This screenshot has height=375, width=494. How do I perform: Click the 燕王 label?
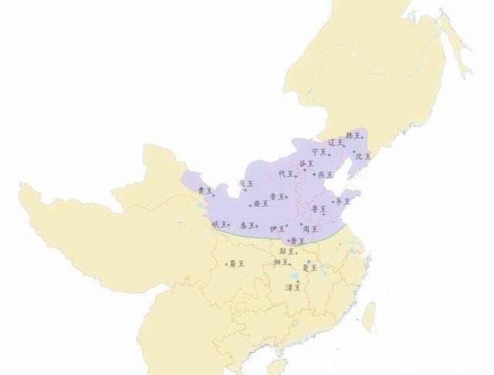click(x=326, y=175)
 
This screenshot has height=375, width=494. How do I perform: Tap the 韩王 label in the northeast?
click(x=352, y=136)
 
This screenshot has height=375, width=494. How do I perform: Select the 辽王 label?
click(x=335, y=143)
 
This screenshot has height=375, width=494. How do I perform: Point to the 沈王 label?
click(x=362, y=156)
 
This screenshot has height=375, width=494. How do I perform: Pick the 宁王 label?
click(x=318, y=152)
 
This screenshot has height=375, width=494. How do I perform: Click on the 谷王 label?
click(x=306, y=164)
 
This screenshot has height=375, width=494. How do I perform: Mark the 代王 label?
click(x=286, y=174)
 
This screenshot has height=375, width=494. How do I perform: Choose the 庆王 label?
click(x=245, y=184)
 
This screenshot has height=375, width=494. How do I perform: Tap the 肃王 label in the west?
click(x=204, y=191)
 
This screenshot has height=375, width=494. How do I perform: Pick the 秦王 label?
click(x=247, y=225)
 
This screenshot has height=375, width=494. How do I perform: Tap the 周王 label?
click(x=310, y=229)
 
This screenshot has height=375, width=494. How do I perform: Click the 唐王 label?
click(x=297, y=241)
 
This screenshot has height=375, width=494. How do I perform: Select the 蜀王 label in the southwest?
click(x=236, y=264)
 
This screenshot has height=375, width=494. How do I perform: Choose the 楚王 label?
click(x=310, y=268)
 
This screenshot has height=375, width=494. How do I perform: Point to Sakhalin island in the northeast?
click(x=456, y=46)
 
